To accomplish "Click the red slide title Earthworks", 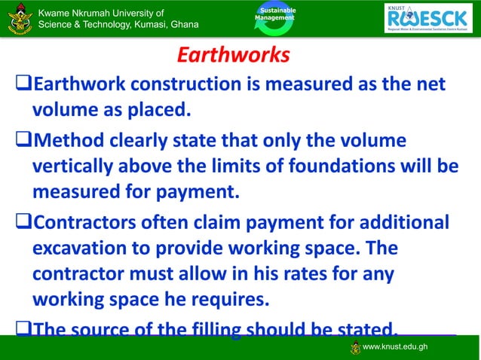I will (233, 56).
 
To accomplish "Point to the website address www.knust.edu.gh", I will (395, 346).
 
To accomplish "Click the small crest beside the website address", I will (355, 347).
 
